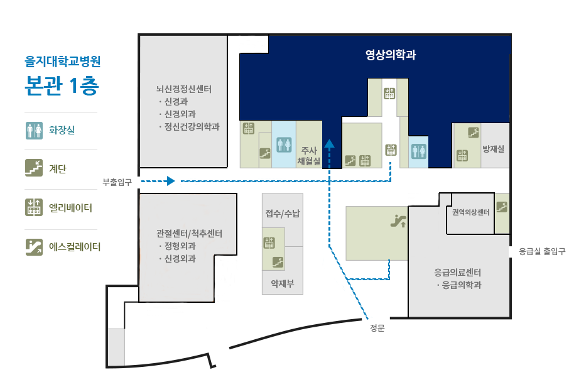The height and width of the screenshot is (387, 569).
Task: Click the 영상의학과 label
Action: (x=391, y=55)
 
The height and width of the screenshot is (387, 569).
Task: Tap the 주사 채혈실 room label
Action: (x=309, y=156)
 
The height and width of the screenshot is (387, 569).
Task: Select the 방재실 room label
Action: (x=493, y=148)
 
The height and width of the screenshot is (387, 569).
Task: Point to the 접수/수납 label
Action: (x=283, y=213)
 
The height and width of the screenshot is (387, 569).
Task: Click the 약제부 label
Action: (x=283, y=283)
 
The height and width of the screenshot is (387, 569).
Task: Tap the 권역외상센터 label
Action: (x=470, y=212)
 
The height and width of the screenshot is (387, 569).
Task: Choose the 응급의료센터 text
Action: (x=458, y=272)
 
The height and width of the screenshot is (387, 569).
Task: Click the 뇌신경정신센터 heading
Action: (x=183, y=89)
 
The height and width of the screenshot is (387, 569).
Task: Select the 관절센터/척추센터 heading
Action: (x=189, y=233)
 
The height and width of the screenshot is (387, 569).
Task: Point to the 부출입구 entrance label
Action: (x=117, y=182)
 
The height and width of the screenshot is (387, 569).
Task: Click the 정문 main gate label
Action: (x=377, y=328)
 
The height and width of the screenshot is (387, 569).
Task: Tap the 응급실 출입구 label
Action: (x=542, y=251)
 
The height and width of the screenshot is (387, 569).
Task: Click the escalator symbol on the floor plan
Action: (x=398, y=221)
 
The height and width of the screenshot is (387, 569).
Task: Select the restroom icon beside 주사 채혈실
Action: (x=284, y=145)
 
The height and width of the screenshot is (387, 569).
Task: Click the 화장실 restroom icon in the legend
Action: (x=34, y=131)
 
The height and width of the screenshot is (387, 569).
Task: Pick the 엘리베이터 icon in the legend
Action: (x=34, y=207)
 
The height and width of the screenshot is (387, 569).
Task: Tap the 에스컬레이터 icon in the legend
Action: (x=34, y=247)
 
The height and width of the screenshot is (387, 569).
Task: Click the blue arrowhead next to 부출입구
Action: (x=170, y=181)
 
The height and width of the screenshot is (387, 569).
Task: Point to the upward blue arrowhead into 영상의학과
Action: (x=329, y=143)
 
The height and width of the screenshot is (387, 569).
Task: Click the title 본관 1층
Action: (x=62, y=85)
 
